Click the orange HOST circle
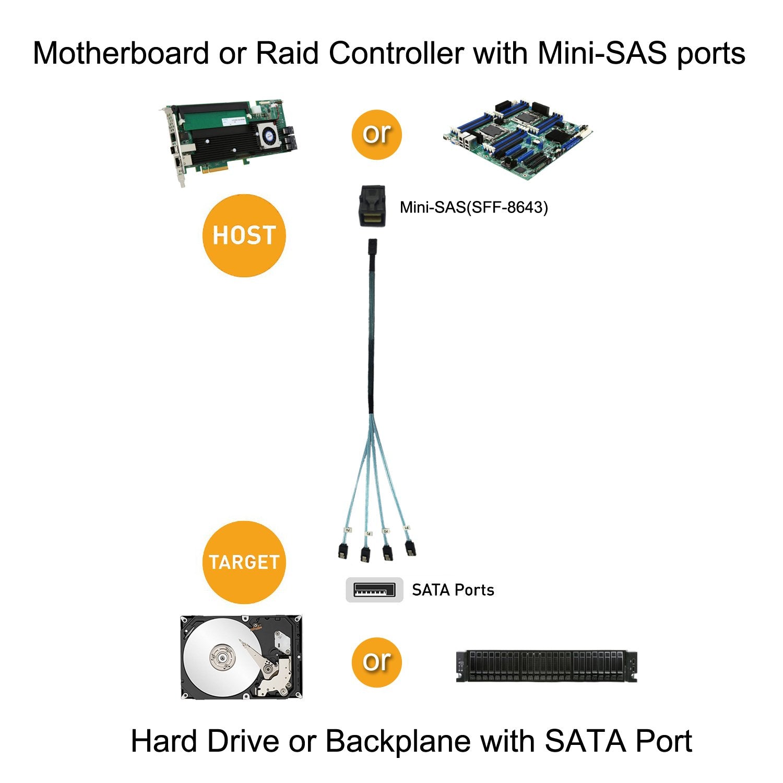coord(244,235)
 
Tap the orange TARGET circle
coord(244,562)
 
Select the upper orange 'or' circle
coord(376,134)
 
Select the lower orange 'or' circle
coord(376,662)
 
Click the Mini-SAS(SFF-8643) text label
coord(473,208)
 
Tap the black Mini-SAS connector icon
coord(372,206)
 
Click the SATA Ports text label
coord(453,590)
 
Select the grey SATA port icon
coord(374,590)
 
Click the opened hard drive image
coord(241,657)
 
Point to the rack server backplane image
coord(546,666)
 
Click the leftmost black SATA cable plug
coord(342,551)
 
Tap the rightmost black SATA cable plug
coord(410,548)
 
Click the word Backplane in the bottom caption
coord(398,741)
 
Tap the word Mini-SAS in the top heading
coord(602,53)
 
